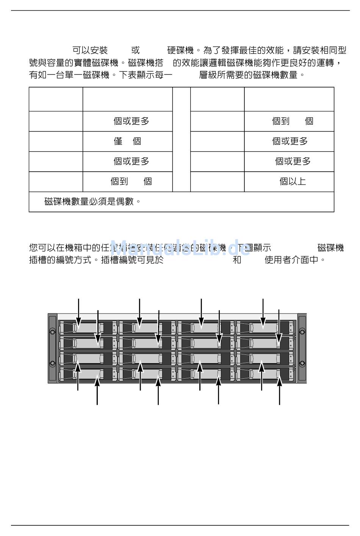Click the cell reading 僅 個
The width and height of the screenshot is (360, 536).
click(x=127, y=141)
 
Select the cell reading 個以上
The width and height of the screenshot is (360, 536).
click(x=293, y=182)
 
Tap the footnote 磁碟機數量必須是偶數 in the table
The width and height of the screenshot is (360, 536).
click(x=92, y=202)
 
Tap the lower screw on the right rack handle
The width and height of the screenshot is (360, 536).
click(x=302, y=364)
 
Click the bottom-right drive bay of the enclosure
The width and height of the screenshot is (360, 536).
click(x=265, y=374)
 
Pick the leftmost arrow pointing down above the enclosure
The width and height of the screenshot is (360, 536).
click(x=79, y=311)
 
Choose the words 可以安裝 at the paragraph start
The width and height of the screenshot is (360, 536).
click(x=90, y=50)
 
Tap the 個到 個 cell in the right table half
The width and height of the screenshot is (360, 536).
click(x=293, y=121)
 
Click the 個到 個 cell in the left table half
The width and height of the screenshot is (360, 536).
click(x=131, y=182)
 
